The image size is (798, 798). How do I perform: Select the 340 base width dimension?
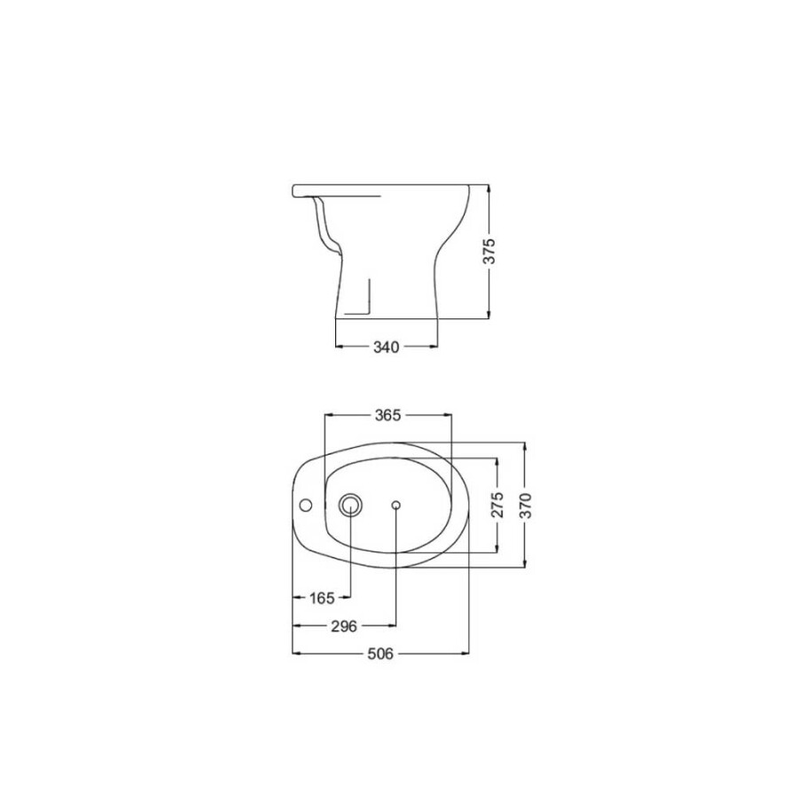387,346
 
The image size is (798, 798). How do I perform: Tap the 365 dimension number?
388,414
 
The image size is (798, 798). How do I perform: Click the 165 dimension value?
322,597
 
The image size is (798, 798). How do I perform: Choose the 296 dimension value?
343,625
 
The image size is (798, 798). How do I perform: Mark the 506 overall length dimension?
379,653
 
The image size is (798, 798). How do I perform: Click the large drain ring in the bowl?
351,505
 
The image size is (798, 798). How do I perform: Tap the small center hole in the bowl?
395,505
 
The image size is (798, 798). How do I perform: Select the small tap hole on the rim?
306,506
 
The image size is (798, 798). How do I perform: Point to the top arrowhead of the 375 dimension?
489,189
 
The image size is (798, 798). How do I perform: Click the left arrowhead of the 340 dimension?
338,346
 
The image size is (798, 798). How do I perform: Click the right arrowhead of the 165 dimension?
348,597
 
